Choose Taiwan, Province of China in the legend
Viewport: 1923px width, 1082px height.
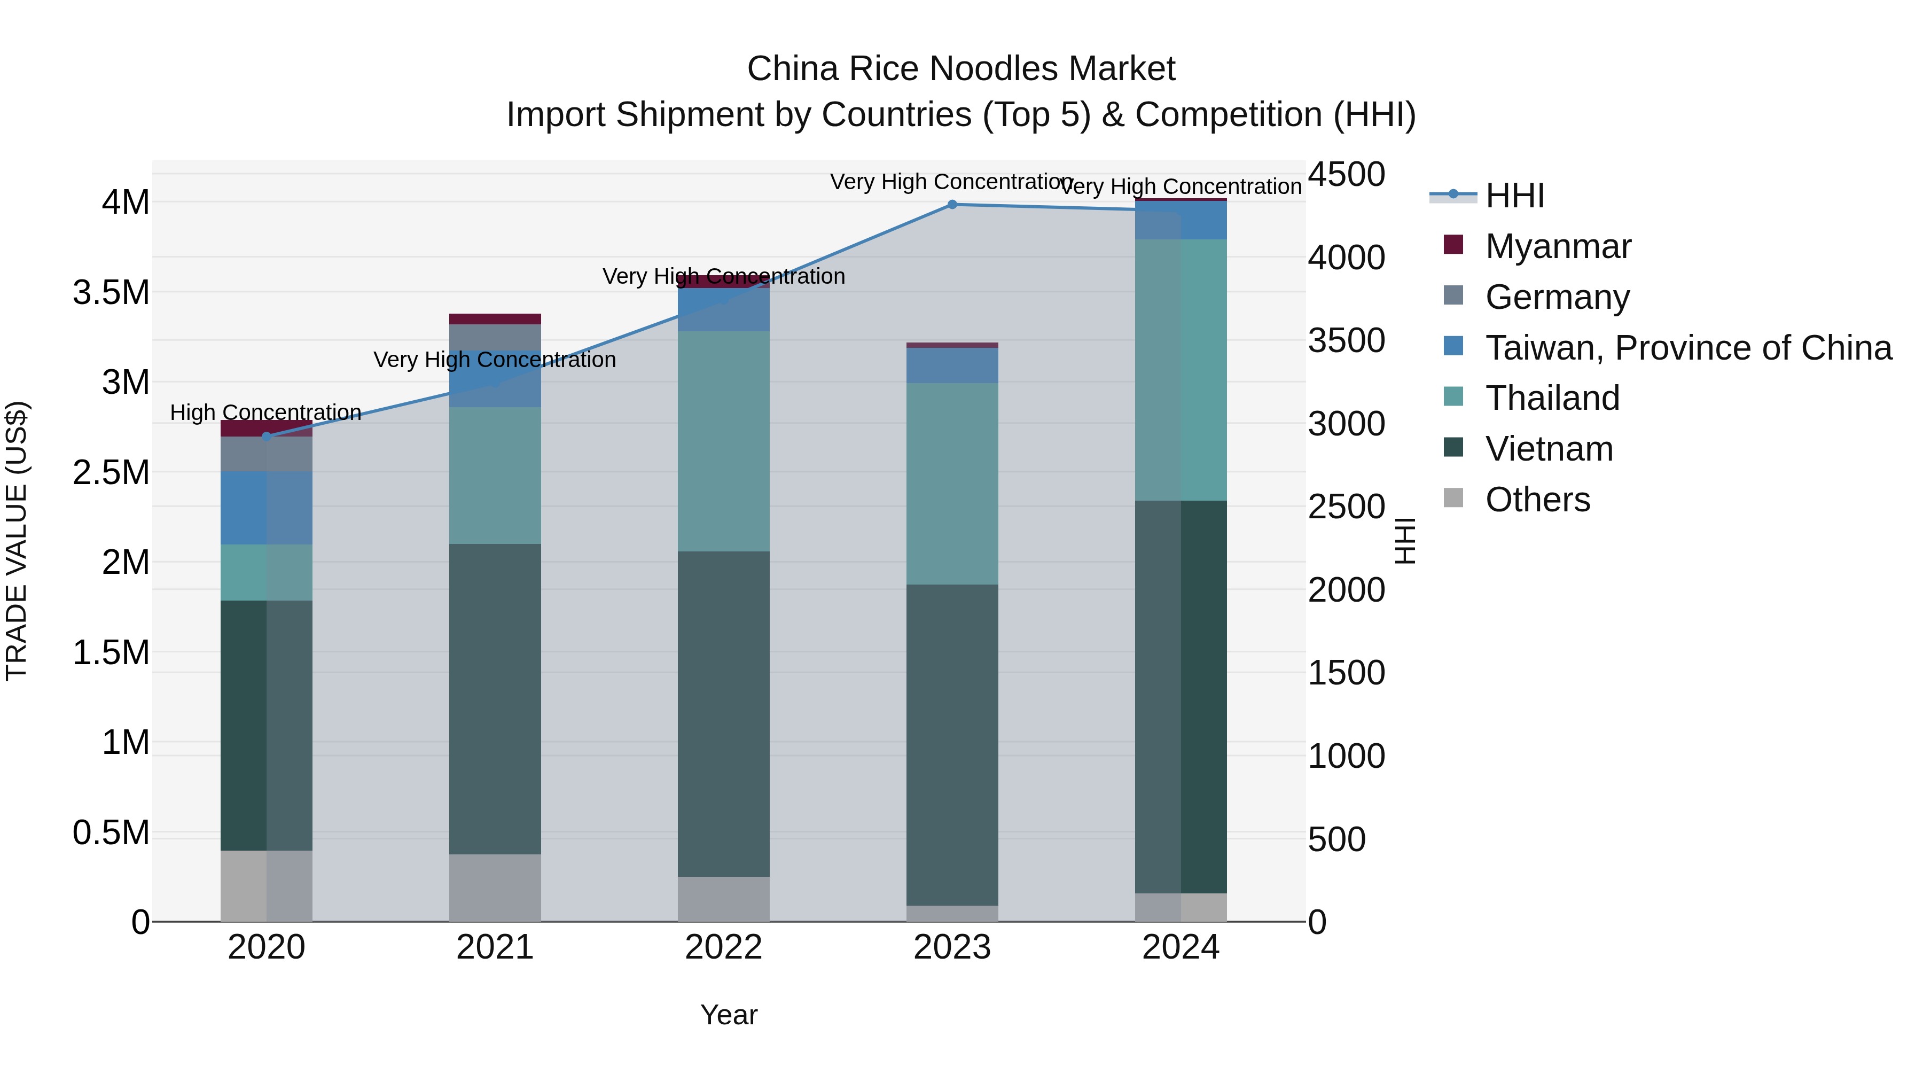(x=1688, y=348)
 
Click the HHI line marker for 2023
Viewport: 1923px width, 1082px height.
(x=952, y=205)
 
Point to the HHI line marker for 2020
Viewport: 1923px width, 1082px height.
(x=267, y=436)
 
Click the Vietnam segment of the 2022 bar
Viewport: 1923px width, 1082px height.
(x=723, y=713)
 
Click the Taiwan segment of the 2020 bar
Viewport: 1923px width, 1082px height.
(x=267, y=508)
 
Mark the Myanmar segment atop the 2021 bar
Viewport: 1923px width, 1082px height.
(x=495, y=319)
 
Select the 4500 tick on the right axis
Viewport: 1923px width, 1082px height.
(x=1346, y=175)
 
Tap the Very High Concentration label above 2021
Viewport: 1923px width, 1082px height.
(x=495, y=360)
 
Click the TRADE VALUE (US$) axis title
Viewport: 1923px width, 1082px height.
(x=17, y=541)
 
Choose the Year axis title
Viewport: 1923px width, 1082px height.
(x=729, y=1015)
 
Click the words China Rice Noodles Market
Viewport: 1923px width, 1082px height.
(x=961, y=69)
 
